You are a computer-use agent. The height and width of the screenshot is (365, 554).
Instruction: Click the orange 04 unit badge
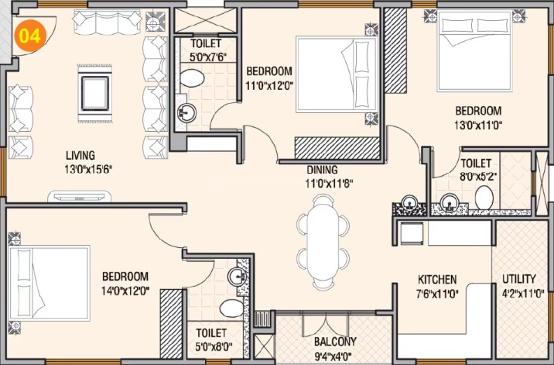coord(30,36)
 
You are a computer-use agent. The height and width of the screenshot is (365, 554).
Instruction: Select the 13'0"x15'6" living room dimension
coord(88,170)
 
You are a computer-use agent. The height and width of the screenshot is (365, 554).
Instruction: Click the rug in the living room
coord(94,94)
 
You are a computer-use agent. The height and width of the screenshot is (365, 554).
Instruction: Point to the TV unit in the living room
coord(80,197)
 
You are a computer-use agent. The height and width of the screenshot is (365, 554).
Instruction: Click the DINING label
coord(322,170)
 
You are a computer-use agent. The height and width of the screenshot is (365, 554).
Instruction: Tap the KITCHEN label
coord(437,280)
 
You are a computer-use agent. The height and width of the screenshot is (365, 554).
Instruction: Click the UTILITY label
coord(519,279)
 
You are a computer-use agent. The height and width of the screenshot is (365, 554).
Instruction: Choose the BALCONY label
coord(335,342)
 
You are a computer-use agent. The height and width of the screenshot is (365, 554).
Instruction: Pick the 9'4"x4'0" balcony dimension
coord(333,356)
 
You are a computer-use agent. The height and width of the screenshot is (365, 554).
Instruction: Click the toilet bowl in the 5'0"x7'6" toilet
coord(192,78)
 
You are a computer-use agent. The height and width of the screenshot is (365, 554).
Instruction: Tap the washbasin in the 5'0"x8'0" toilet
coord(238,277)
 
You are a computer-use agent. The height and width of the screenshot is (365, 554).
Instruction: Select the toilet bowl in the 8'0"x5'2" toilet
coord(484,198)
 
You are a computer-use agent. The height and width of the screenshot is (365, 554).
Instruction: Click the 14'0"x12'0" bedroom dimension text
coord(125,291)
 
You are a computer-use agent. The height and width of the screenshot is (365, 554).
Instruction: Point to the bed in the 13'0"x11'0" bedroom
coord(474,51)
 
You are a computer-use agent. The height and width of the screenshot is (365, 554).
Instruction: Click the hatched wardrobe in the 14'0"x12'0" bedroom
coord(171,324)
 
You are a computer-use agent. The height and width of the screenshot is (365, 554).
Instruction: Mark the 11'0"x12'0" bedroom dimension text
coord(270,85)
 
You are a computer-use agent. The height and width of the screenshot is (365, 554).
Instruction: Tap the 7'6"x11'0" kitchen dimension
coord(437,294)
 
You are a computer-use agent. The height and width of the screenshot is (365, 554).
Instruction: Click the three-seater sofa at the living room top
coord(108,22)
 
